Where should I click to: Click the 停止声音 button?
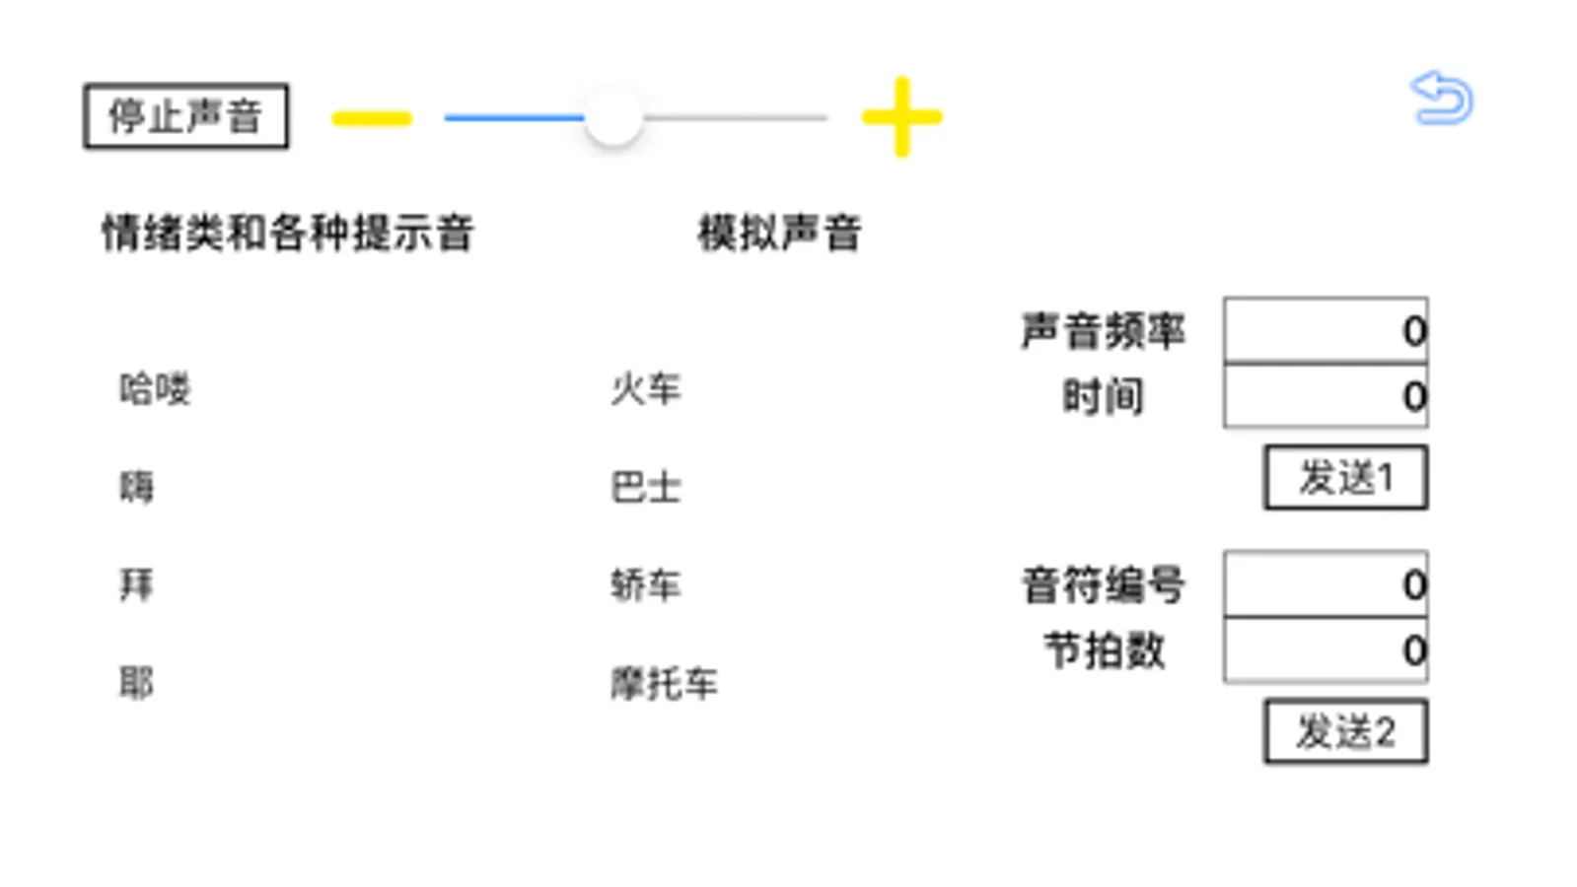click(185, 116)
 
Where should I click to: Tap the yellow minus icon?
click(371, 119)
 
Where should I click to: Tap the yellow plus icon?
click(901, 116)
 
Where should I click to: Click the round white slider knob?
click(612, 117)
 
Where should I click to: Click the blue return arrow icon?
click(1441, 99)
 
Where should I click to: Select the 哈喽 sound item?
click(155, 389)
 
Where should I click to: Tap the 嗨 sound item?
click(137, 487)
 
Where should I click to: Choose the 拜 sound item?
click(137, 585)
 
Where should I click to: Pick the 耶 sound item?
click(137, 683)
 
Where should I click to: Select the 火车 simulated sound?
click(646, 389)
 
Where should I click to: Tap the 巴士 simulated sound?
click(646, 487)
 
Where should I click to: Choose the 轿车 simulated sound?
click(646, 585)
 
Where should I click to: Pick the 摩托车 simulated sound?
click(664, 683)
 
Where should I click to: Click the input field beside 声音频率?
click(1325, 330)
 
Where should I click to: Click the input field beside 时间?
click(1325, 396)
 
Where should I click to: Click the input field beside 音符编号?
click(1325, 584)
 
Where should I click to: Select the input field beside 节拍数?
click(1325, 650)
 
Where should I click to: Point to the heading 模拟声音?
click(779, 234)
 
